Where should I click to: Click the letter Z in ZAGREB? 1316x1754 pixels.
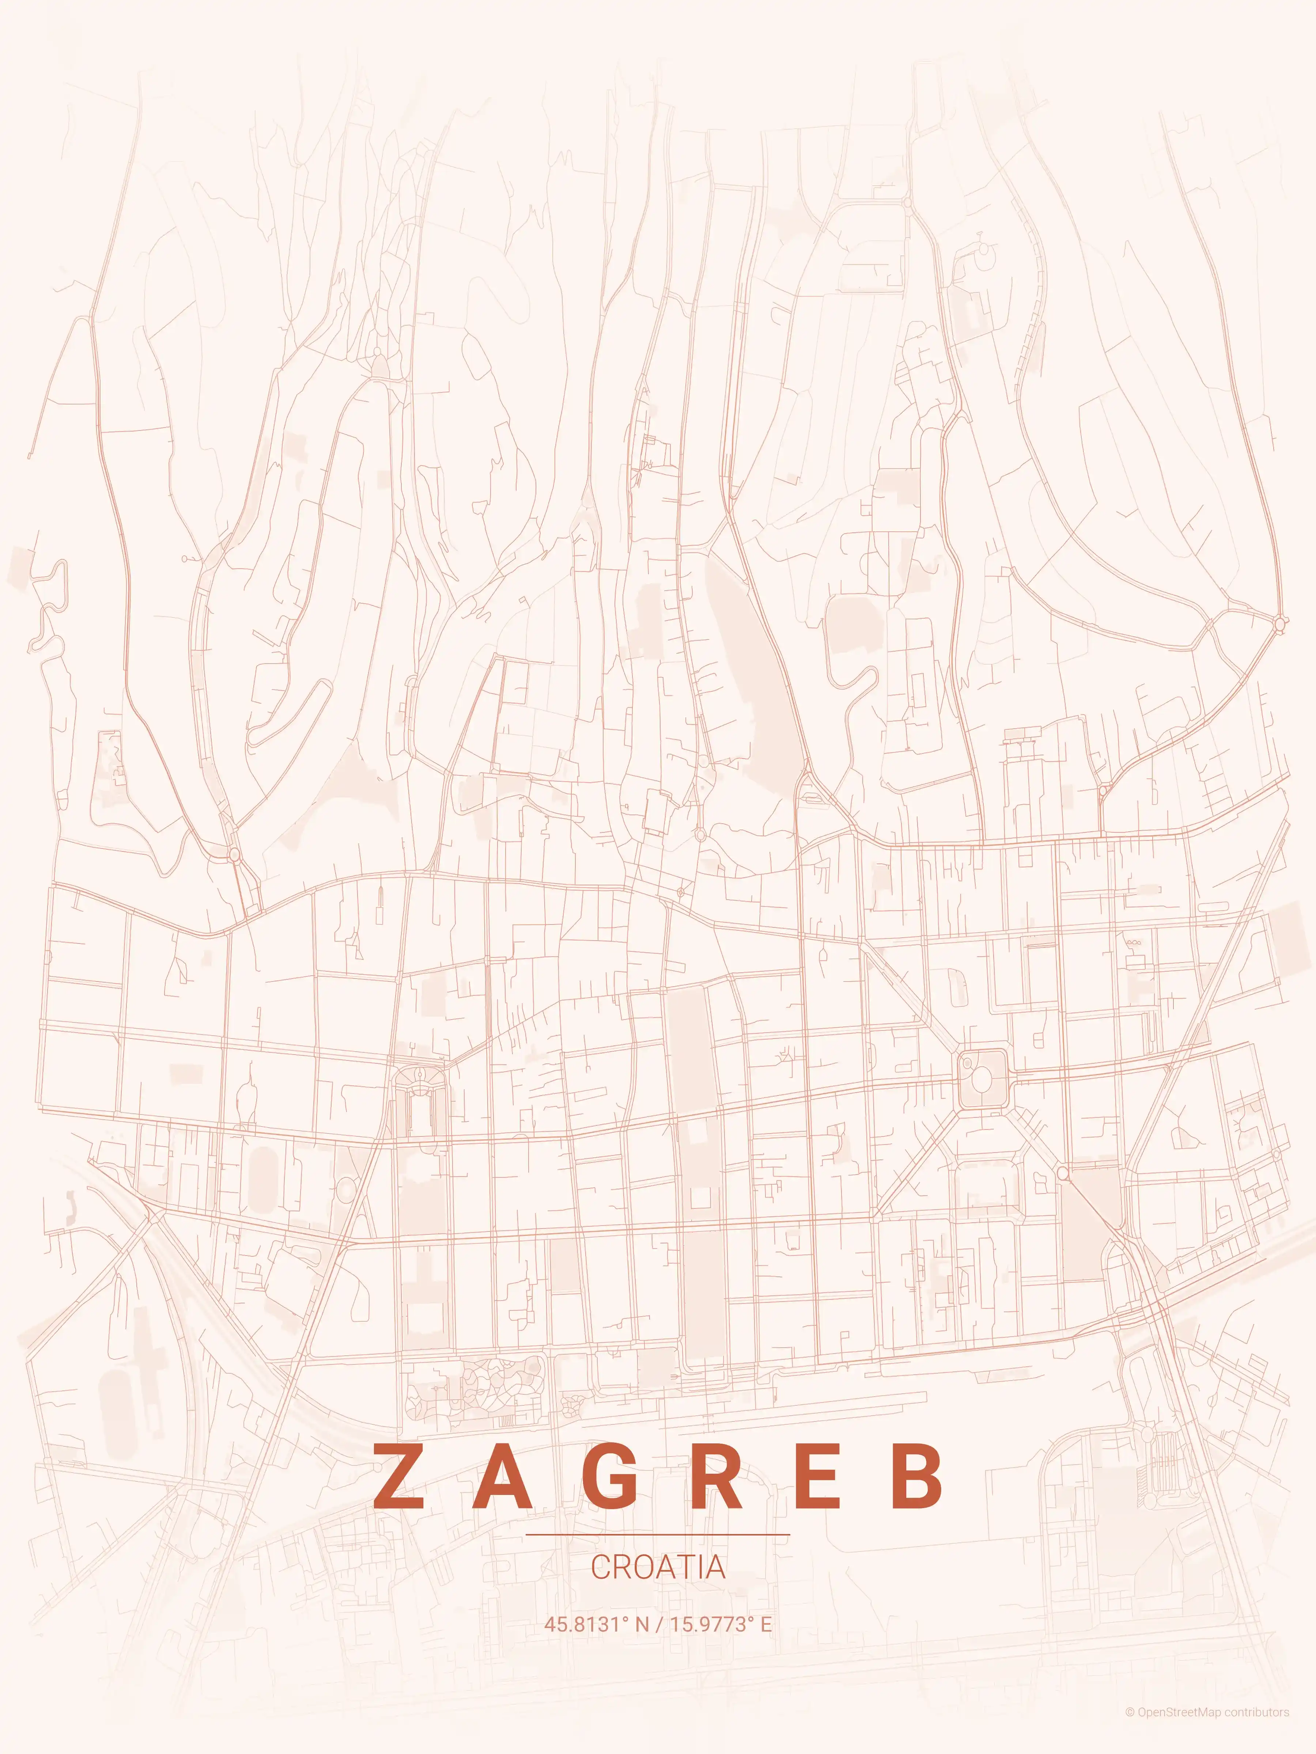click(398, 1477)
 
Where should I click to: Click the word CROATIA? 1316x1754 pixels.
click(658, 1567)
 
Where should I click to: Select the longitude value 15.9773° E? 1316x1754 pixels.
click(720, 1624)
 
